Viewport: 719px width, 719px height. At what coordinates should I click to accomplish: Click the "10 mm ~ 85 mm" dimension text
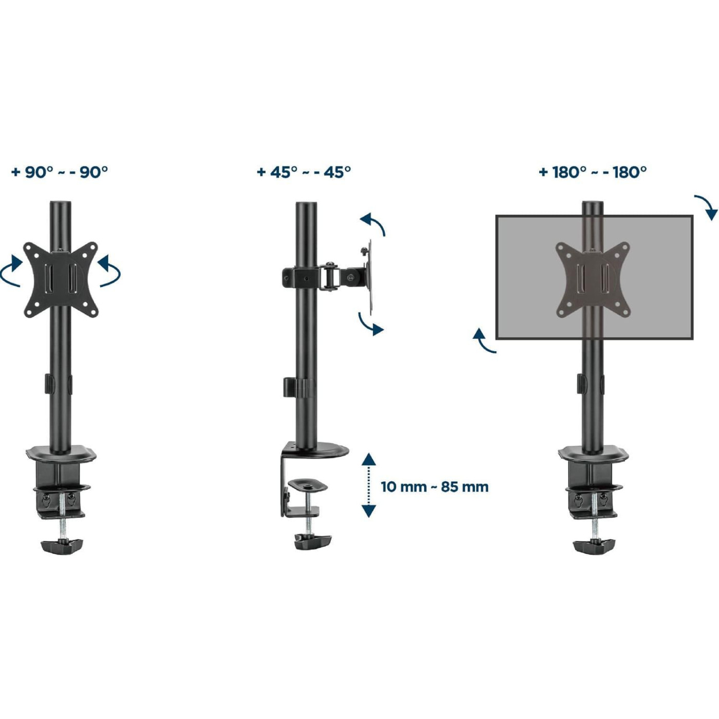coord(434,487)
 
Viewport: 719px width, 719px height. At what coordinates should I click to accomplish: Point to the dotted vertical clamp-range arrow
coord(369,485)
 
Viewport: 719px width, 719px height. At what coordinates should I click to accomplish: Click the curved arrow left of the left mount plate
coord(11,271)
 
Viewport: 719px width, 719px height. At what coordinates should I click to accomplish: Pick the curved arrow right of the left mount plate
coord(109,271)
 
